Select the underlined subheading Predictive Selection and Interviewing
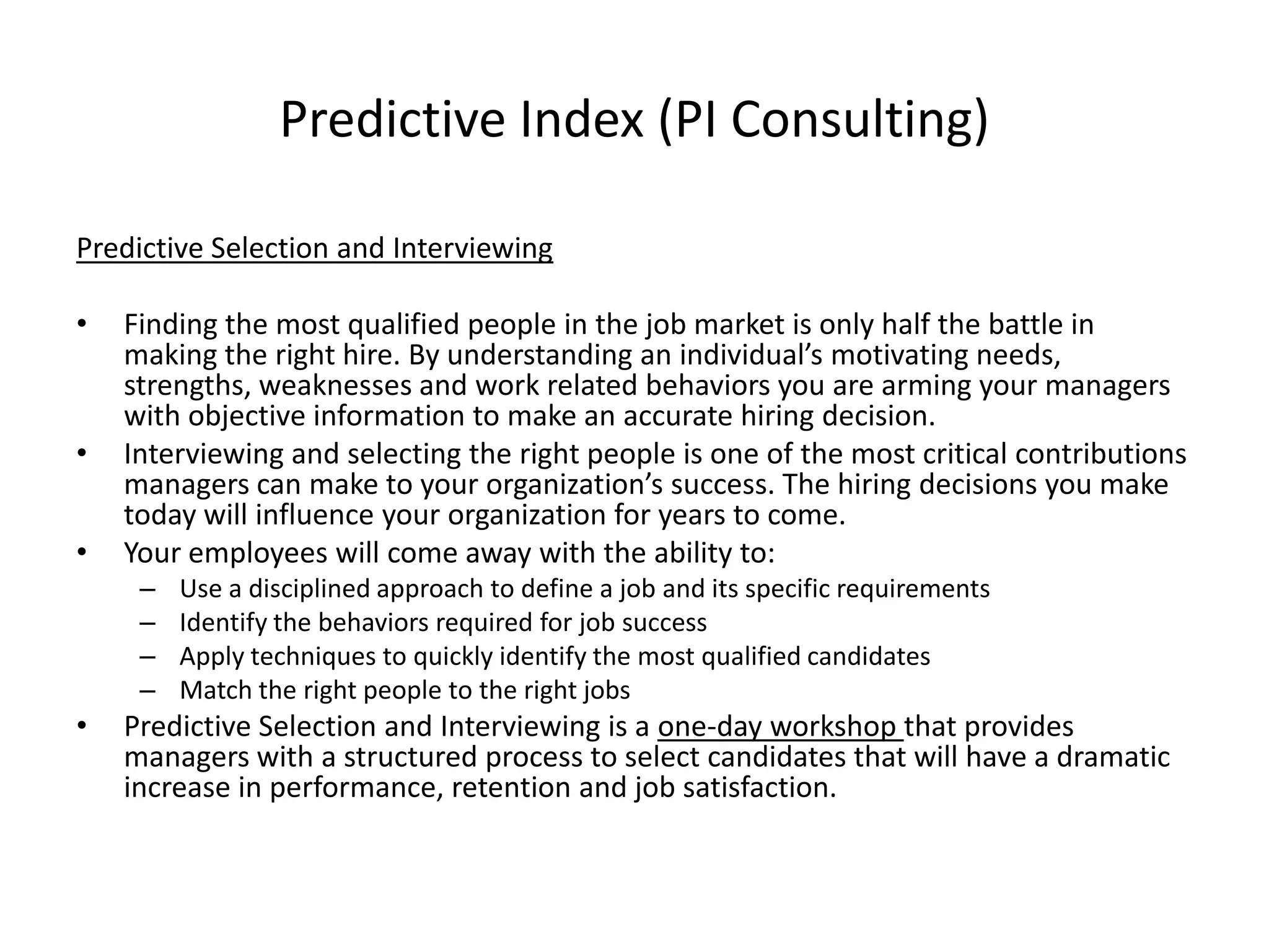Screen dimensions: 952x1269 pyautogui.click(x=314, y=248)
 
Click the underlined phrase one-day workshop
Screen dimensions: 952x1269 pyautogui.click(x=780, y=726)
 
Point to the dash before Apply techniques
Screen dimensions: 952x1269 pyautogui.click(x=147, y=656)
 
